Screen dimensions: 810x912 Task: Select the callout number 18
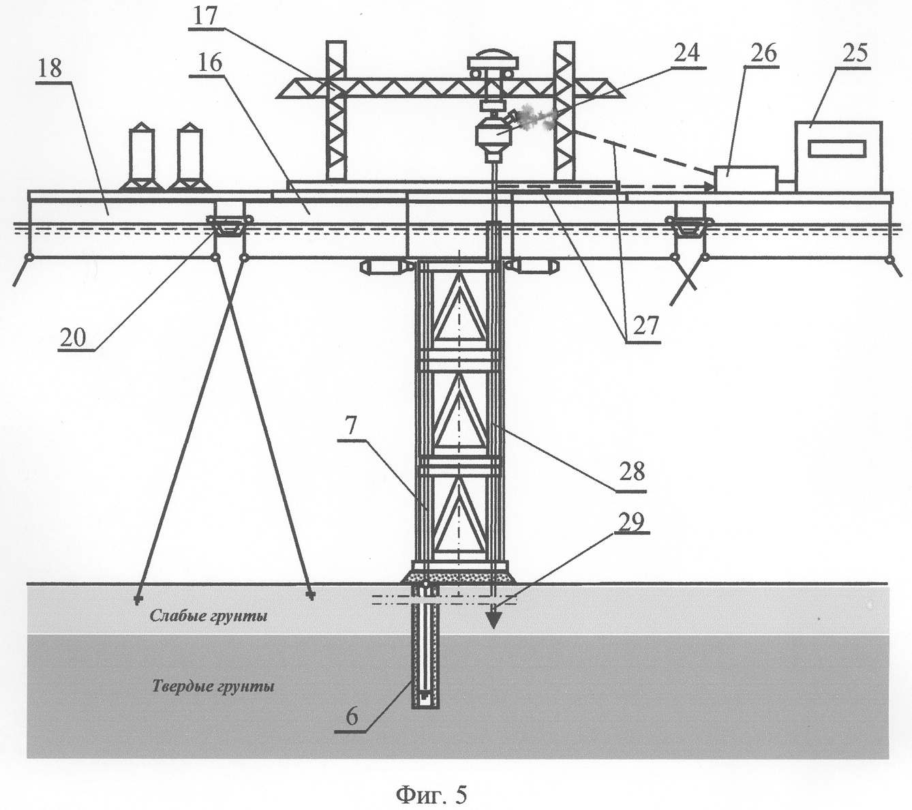coord(51,68)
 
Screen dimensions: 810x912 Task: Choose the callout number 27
coord(644,326)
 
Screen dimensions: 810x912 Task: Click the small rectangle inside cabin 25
coord(836,148)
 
